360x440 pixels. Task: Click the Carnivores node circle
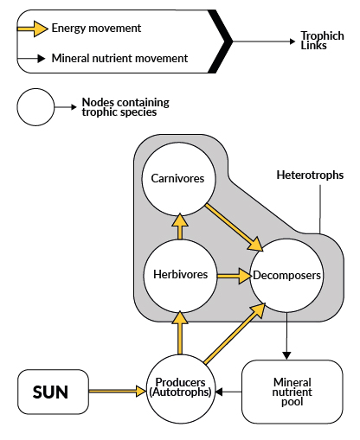pos(178,179)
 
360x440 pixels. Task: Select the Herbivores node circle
pos(179,275)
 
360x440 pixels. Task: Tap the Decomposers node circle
pos(286,276)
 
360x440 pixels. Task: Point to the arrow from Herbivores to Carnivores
pos(179,226)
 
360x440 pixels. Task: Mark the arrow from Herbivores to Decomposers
pos(231,277)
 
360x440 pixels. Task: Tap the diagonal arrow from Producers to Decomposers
pos(233,334)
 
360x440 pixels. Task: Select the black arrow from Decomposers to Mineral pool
pos(286,334)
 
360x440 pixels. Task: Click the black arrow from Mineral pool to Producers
pos(228,392)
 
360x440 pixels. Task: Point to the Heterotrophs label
pos(309,175)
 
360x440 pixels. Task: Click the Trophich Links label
pos(322,41)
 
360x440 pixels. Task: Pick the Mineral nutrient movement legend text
pos(119,59)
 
